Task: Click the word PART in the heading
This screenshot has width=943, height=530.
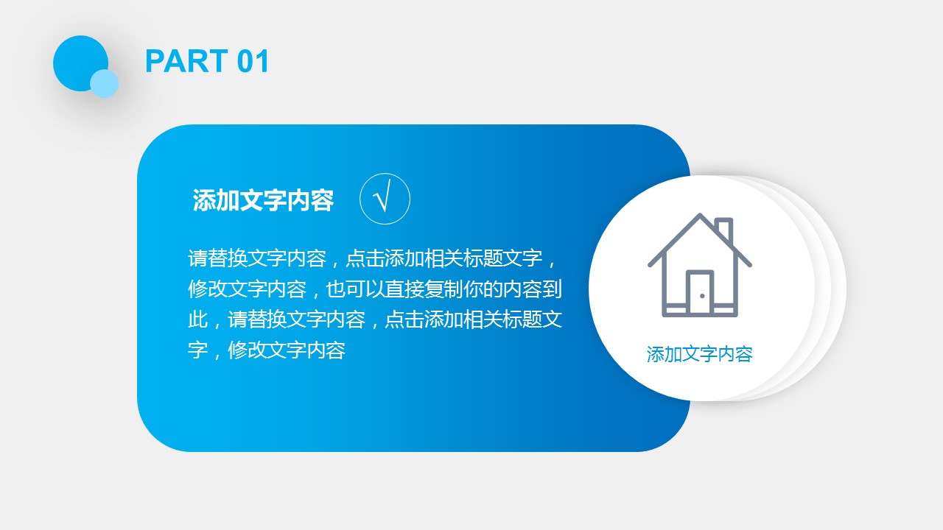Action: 186,61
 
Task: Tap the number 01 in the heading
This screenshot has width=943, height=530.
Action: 253,61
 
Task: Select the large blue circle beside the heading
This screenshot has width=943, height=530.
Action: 80,63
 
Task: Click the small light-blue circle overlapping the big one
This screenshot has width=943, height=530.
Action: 105,84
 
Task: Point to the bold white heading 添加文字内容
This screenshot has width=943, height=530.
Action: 263,199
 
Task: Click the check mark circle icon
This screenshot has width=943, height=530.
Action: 385,199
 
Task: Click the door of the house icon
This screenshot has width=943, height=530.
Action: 700,293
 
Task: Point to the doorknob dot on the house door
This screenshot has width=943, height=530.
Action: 702,296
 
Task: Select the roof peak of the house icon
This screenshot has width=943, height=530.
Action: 700,216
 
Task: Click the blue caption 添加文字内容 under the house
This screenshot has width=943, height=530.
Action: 700,354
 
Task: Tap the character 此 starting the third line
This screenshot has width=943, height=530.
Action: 198,319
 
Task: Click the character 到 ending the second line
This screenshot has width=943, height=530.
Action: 552,289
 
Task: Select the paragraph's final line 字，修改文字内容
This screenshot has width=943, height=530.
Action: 267,350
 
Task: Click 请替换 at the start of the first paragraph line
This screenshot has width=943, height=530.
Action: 217,258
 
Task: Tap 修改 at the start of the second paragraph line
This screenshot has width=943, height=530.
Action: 208,289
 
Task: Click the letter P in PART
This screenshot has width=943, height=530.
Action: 155,61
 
